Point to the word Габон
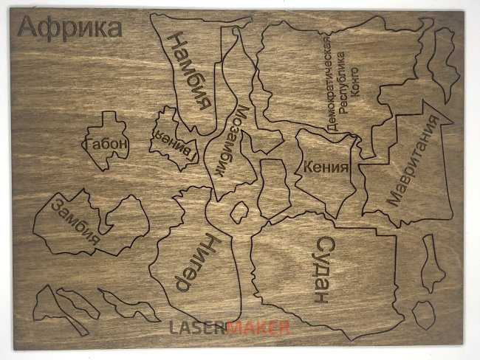coord(106,145)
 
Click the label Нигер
coord(196,263)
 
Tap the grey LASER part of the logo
coord(197,328)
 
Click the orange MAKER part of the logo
coord(258,328)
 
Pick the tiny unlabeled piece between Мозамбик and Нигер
coord(239,212)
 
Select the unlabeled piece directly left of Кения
coord(273,187)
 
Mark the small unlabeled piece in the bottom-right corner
coord(422,314)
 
